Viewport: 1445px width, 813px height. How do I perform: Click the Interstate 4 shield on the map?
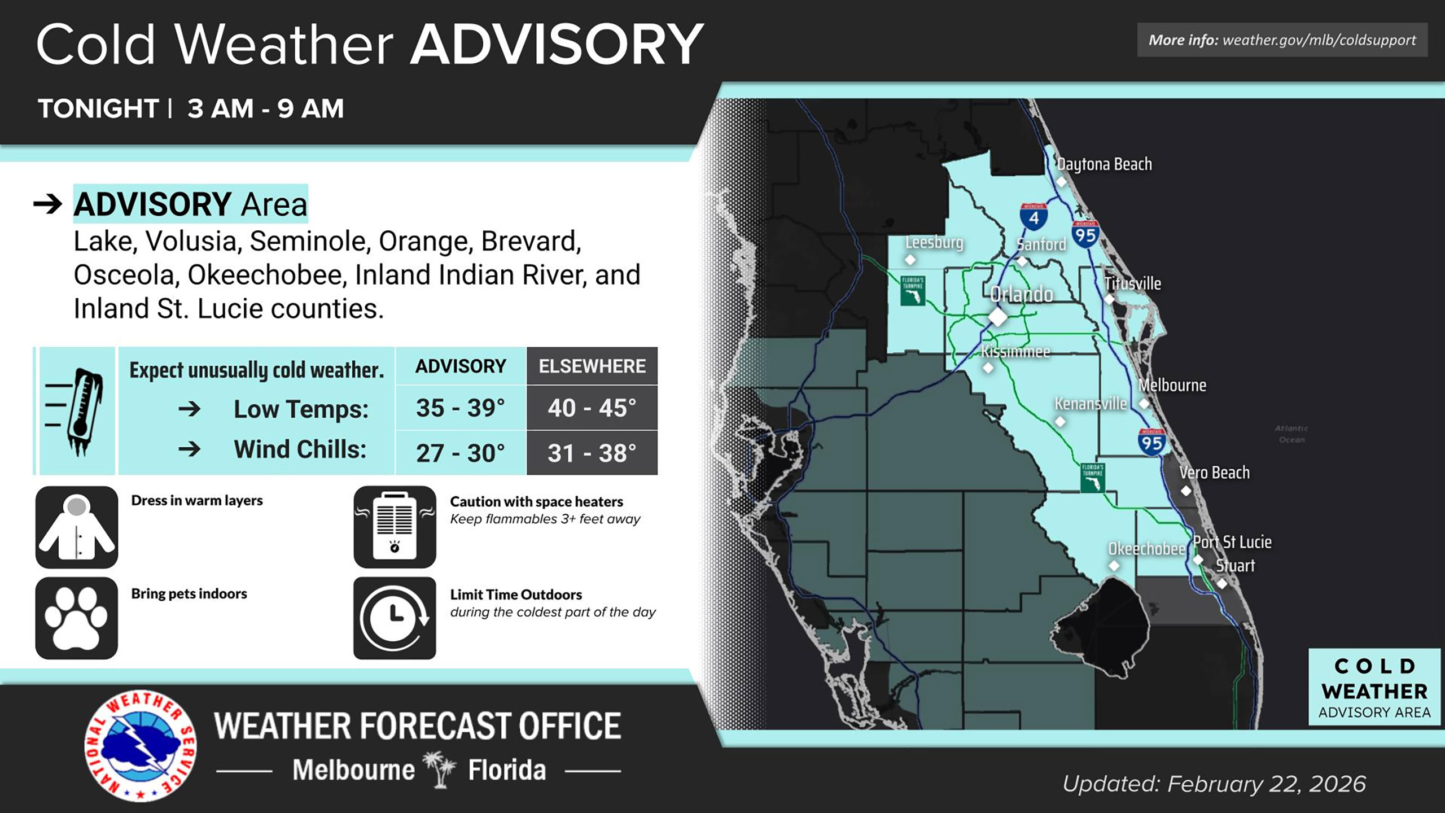click(x=1034, y=217)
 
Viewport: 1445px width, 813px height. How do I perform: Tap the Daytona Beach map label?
click(x=1104, y=164)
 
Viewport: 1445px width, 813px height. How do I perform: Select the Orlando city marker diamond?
click(x=997, y=317)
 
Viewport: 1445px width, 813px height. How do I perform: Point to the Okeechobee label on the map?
click(x=1146, y=549)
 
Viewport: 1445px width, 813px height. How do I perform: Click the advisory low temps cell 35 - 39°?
click(x=460, y=408)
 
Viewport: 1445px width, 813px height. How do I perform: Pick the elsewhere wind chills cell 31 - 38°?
click(x=592, y=453)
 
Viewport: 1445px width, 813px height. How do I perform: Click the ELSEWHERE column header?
click(x=592, y=366)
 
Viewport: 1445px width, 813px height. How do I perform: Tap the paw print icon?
click(x=77, y=618)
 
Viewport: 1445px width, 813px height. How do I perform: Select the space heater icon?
click(x=395, y=527)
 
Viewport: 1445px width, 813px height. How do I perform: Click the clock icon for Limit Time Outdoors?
click(x=395, y=618)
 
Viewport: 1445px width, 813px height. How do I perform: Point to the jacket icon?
click(x=77, y=527)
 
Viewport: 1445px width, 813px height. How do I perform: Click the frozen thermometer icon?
click(x=77, y=411)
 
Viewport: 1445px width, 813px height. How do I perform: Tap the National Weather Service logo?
click(x=141, y=746)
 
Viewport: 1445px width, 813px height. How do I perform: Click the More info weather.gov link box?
click(x=1282, y=40)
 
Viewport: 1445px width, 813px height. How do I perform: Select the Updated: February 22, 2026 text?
click(x=1214, y=784)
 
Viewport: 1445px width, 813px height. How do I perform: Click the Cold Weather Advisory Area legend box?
click(x=1374, y=688)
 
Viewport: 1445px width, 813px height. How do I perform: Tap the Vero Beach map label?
click(x=1214, y=473)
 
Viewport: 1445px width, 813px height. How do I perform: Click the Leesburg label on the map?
click(x=934, y=242)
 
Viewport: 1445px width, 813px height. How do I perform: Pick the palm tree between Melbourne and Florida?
click(x=440, y=769)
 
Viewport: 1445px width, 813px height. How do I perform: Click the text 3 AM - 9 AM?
click(x=265, y=108)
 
